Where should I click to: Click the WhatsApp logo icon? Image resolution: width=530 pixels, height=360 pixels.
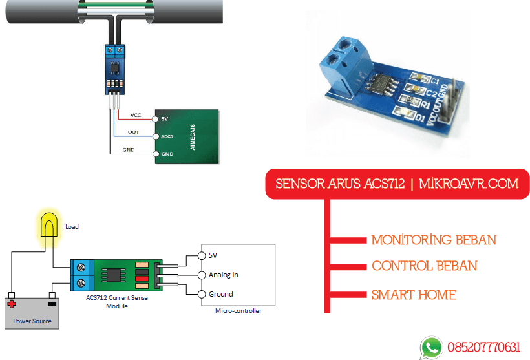(431, 347)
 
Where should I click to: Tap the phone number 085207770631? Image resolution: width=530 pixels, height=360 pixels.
(482, 348)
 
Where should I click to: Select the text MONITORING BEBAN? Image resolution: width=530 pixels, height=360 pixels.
(434, 240)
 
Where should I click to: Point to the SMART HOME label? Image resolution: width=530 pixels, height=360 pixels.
(414, 295)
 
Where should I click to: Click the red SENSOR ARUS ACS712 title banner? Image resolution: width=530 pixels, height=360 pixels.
(397, 184)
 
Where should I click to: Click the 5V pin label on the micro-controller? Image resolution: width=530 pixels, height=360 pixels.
(213, 255)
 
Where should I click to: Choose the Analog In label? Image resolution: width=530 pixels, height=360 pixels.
(223, 275)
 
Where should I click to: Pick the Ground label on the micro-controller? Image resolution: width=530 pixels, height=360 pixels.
(220, 294)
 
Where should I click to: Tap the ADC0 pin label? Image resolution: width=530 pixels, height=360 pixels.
(167, 137)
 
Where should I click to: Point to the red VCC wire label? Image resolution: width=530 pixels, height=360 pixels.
(135, 115)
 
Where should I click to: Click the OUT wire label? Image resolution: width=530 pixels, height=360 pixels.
(133, 132)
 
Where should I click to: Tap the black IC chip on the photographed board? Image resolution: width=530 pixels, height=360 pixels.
(379, 83)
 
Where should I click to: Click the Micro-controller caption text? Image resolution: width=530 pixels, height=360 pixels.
(238, 311)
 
